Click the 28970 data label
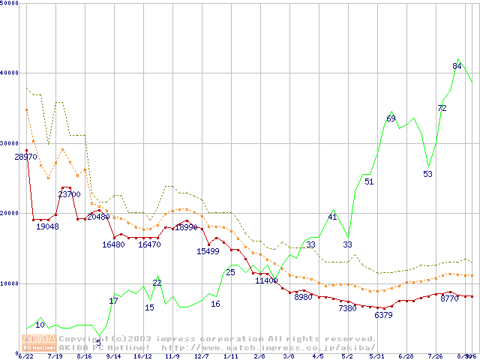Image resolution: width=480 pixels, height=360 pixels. point(25,157)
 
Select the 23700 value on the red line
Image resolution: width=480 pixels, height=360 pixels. point(69,194)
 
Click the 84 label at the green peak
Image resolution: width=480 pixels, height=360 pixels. point(457,66)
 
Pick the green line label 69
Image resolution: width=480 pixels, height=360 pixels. point(391,118)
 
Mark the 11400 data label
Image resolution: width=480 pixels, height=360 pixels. point(266,280)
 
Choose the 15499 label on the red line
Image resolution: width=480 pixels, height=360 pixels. point(208,251)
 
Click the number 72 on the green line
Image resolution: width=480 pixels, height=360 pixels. point(442,108)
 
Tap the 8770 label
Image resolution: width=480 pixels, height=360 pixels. point(449,298)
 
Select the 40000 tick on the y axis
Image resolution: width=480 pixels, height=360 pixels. point(9,73)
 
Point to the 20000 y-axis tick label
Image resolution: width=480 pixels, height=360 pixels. point(9,213)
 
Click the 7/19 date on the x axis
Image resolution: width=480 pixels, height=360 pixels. point(55,357)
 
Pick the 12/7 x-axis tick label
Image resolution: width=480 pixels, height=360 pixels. point(202,357)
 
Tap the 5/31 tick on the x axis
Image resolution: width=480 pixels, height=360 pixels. point(377,357)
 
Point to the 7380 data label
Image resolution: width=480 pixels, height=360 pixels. point(347,308)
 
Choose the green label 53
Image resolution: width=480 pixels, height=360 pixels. point(427,174)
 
